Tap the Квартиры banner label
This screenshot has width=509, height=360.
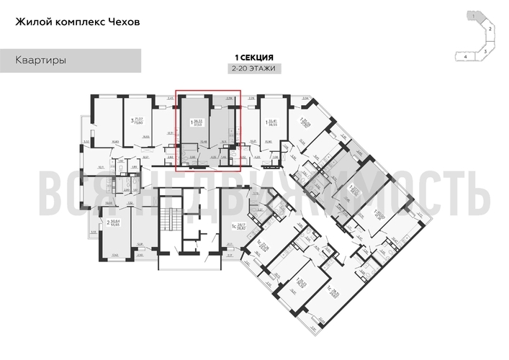pyautogui.click(x=41, y=60)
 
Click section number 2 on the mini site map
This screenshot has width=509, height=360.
pyautogui.click(x=490, y=28)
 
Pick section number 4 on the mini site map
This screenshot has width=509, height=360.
pyautogui.click(x=466, y=55)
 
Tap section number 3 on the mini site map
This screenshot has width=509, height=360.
pyautogui.click(x=487, y=52)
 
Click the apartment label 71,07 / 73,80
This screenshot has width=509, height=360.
pyautogui.click(x=136, y=120)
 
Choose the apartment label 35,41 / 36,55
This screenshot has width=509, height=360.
pyautogui.click(x=271, y=122)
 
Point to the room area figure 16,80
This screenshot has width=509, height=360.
pyautogui.click(x=116, y=141)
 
